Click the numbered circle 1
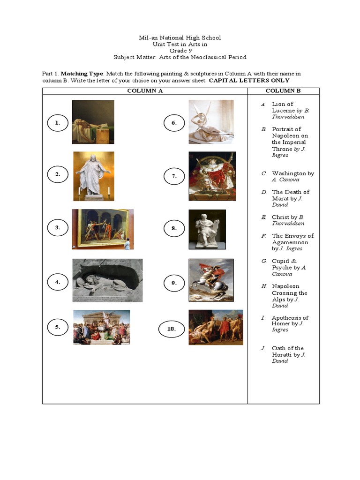pos(57,123)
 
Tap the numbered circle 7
pos(173,176)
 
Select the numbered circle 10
pos(172,329)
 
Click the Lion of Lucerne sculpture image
pos(107,280)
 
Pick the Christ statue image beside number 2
pos(94,176)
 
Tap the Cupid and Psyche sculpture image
pos(211,122)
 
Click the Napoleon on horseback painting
pos(211,280)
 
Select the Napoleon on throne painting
pos(212,176)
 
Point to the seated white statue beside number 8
pos(207,229)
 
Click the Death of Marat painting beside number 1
pos(93,122)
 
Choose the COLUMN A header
pos(145,91)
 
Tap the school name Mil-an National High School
pos(180,37)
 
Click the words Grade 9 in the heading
pos(180,51)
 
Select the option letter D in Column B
pos(264,192)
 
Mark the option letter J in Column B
pos(263,348)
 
